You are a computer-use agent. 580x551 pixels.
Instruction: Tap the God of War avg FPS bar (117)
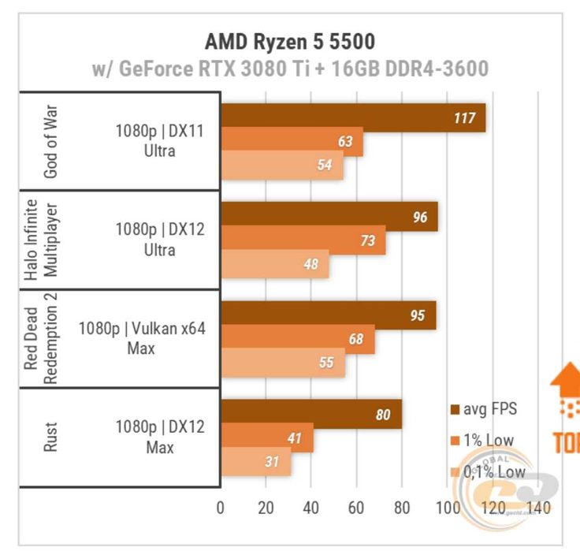[352, 118]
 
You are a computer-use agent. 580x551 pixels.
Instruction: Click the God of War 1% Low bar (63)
[292, 142]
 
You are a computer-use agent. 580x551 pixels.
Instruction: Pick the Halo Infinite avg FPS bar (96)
[329, 217]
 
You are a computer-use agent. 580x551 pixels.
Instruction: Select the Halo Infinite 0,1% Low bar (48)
[274, 264]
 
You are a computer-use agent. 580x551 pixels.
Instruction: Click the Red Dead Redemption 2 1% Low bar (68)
[297, 339]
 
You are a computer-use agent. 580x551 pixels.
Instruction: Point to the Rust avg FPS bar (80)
[310, 414]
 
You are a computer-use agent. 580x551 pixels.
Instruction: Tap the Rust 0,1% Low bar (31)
[255, 461]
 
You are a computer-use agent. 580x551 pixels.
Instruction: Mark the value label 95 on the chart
[417, 316]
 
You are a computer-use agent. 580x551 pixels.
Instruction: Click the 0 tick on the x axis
[221, 507]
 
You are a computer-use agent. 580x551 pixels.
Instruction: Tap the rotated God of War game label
[50, 141]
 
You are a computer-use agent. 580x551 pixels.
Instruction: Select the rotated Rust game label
[50, 437]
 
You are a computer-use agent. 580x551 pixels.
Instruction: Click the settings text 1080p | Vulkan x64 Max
[142, 337]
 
